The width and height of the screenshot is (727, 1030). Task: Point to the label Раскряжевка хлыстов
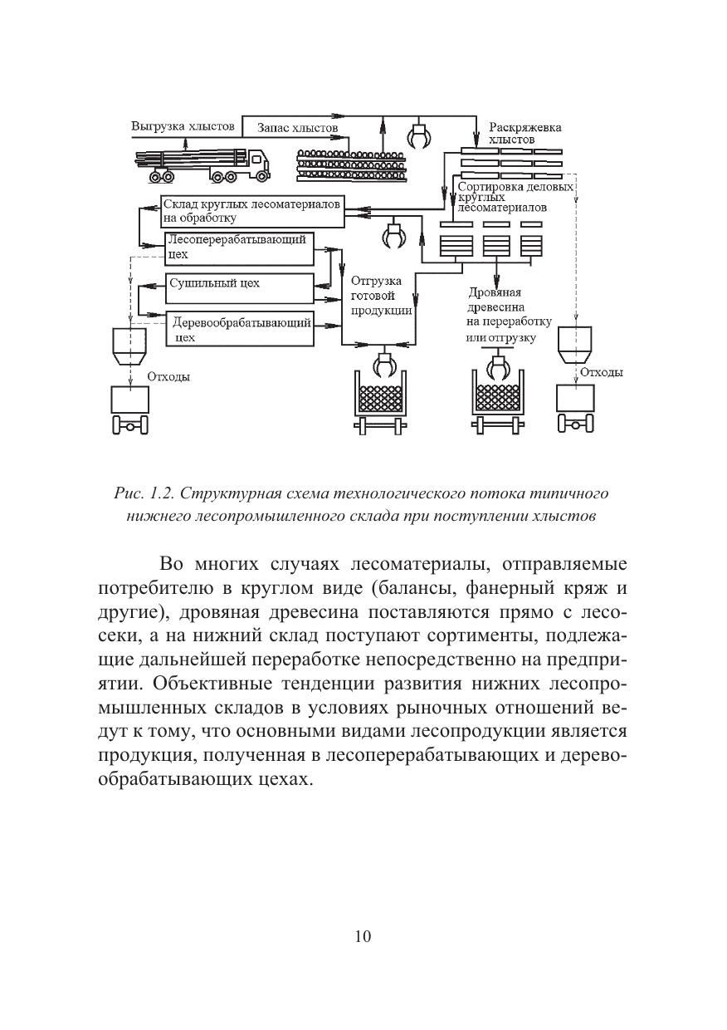525,134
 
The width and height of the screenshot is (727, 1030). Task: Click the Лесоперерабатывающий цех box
239,248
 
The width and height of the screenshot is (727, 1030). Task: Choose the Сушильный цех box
239,288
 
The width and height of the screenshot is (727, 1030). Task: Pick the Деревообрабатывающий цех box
239,328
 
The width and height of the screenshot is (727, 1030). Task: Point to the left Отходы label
168,376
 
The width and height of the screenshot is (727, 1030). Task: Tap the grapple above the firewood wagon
499,365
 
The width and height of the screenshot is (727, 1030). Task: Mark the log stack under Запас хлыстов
354,164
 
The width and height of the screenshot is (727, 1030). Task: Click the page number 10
363,936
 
